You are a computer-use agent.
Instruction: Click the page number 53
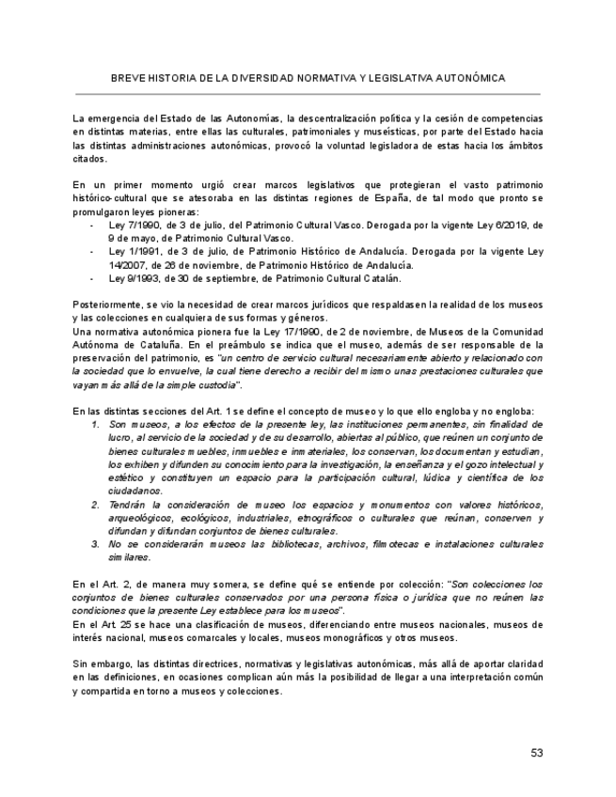point(537,752)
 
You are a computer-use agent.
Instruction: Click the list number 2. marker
point(96,505)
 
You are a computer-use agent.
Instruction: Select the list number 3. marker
point(96,544)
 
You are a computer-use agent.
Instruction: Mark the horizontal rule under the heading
point(308,94)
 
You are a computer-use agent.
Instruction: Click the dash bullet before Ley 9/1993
point(91,278)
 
